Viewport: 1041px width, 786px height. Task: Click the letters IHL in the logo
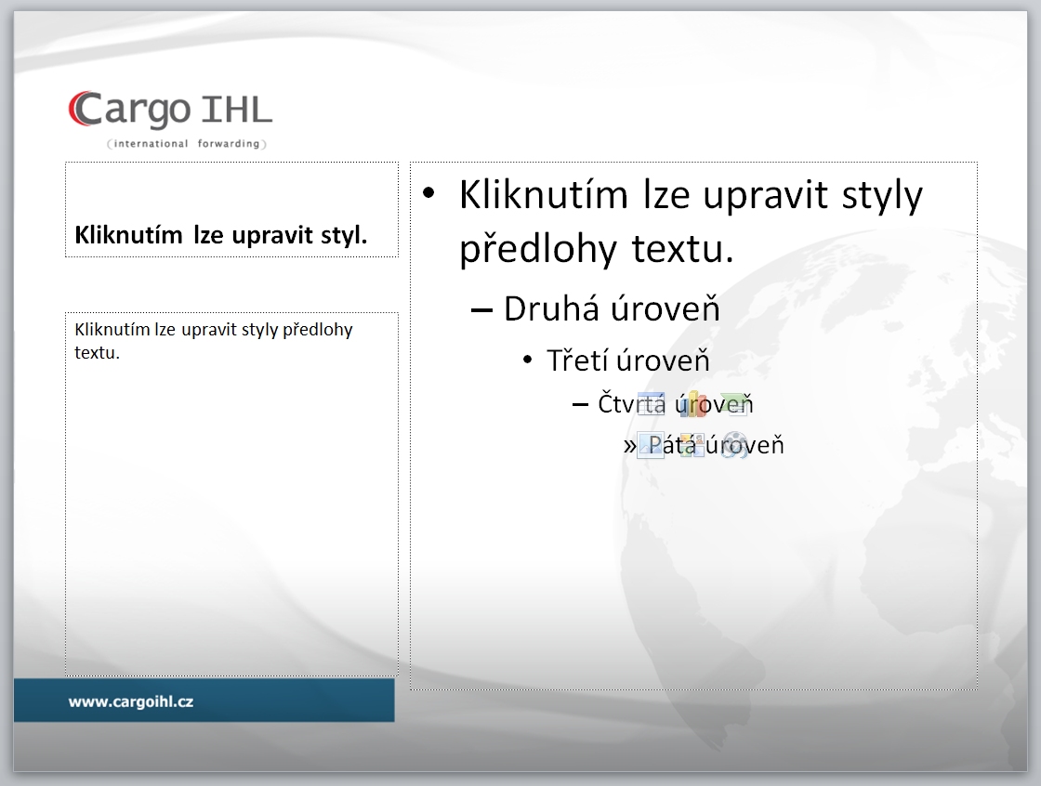point(236,110)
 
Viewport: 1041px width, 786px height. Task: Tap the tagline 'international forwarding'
point(187,143)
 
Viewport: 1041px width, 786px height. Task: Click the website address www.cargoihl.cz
point(131,701)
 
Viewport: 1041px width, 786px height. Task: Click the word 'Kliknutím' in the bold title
point(128,234)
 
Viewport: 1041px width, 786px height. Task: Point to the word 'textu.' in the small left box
point(97,352)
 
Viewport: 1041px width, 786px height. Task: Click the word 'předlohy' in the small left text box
point(317,330)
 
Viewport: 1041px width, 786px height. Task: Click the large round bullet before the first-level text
point(428,192)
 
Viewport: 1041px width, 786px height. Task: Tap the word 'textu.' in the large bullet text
point(682,248)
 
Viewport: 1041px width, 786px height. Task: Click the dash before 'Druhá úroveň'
point(481,310)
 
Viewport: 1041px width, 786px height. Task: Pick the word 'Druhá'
point(551,308)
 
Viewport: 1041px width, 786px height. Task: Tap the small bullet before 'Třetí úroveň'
point(528,360)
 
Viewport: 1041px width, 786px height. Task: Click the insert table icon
point(651,403)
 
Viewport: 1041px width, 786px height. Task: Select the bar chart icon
point(692,403)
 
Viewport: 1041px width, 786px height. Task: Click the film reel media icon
point(734,445)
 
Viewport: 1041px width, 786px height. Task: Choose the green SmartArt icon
point(734,403)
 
